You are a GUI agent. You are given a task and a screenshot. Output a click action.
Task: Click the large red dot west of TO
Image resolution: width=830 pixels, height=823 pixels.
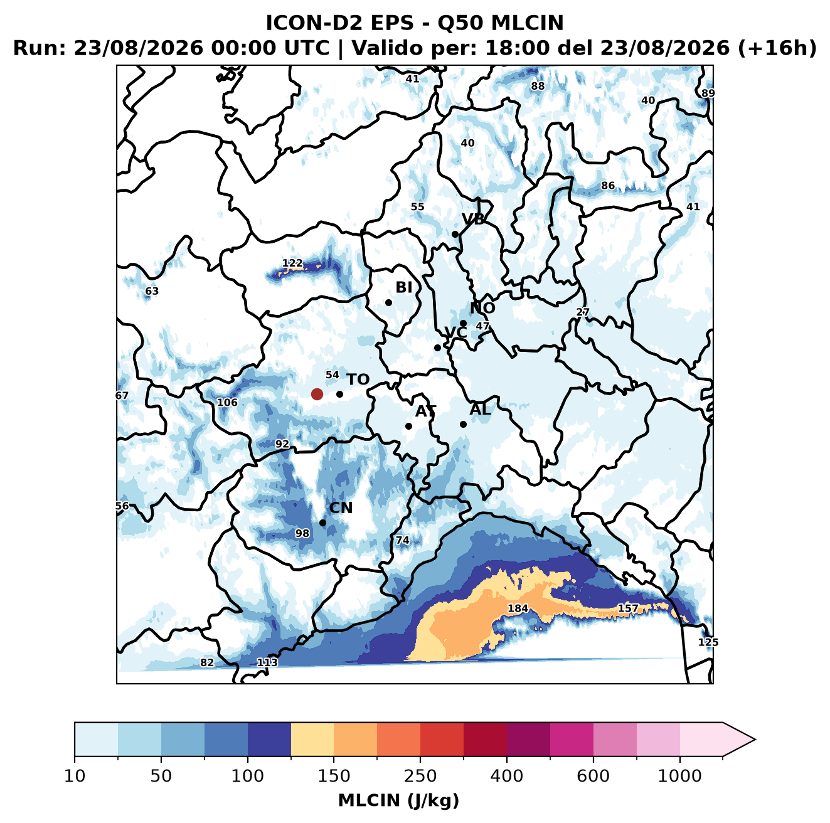[x=317, y=394]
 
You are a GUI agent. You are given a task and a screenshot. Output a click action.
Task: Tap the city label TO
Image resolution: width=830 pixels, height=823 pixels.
[x=358, y=380]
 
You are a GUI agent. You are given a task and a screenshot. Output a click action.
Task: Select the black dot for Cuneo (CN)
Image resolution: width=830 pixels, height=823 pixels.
[x=322, y=523]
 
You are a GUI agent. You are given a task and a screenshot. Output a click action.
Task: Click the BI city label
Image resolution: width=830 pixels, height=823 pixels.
[x=403, y=287]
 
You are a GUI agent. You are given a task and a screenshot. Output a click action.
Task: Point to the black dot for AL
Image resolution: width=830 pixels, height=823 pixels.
[x=463, y=424]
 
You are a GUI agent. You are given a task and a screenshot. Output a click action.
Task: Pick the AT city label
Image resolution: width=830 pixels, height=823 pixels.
[x=425, y=411]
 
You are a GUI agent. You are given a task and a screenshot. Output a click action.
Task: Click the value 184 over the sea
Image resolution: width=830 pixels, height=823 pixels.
[x=518, y=608]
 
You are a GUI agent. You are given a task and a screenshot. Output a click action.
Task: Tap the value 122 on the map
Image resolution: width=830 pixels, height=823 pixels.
[x=292, y=263]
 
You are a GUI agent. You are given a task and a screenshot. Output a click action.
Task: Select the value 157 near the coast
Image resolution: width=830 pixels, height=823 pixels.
[x=628, y=608]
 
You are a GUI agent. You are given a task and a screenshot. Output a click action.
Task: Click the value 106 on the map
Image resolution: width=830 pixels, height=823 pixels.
[x=227, y=402]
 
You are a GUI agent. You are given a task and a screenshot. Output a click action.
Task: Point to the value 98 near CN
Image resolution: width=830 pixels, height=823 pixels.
[x=302, y=533]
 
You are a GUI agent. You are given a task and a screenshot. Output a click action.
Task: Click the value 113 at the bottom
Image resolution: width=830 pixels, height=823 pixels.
[x=267, y=662]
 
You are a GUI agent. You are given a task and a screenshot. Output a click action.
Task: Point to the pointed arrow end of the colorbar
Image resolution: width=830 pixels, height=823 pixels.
[x=755, y=740]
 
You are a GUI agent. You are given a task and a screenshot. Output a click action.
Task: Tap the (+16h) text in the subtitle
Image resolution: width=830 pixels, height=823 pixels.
[x=777, y=48]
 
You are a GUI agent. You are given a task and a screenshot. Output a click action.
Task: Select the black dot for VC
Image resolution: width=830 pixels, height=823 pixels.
[x=438, y=348]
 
